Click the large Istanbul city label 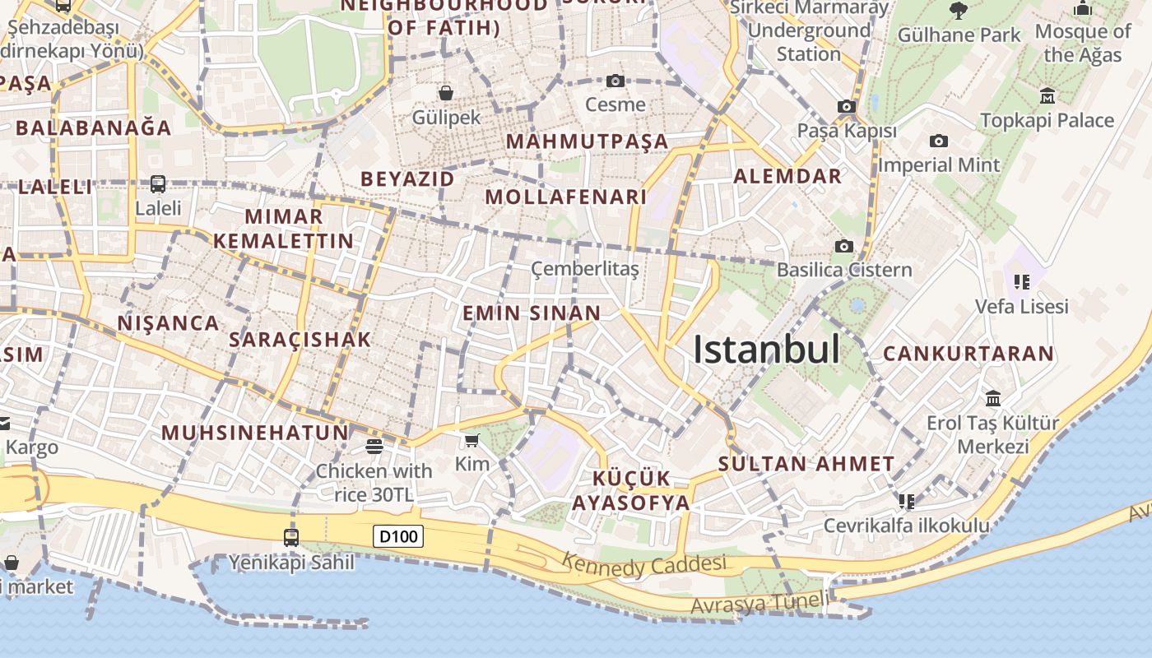pyautogui.click(x=766, y=350)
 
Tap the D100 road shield pyautogui.click(x=398, y=537)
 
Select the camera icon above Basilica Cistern pyautogui.click(x=843, y=246)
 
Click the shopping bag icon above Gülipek pyautogui.click(x=445, y=92)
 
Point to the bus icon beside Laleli pyautogui.click(x=157, y=184)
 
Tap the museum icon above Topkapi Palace pyautogui.click(x=1047, y=96)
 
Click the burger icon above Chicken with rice pyautogui.click(x=374, y=447)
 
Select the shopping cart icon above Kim pyautogui.click(x=471, y=441)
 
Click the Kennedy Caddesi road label pyautogui.click(x=644, y=565)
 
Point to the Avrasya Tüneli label pyautogui.click(x=760, y=603)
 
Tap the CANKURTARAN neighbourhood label pyautogui.click(x=968, y=354)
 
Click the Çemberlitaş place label pyautogui.click(x=584, y=269)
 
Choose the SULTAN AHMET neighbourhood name pyautogui.click(x=806, y=464)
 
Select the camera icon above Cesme pyautogui.click(x=615, y=81)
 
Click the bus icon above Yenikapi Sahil pyautogui.click(x=290, y=538)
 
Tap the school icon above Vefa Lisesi pyautogui.click(x=1022, y=282)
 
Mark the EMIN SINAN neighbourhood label pyautogui.click(x=532, y=313)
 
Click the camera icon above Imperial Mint pyautogui.click(x=938, y=141)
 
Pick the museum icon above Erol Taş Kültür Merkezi pyautogui.click(x=993, y=399)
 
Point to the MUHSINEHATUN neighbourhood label pyautogui.click(x=255, y=433)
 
